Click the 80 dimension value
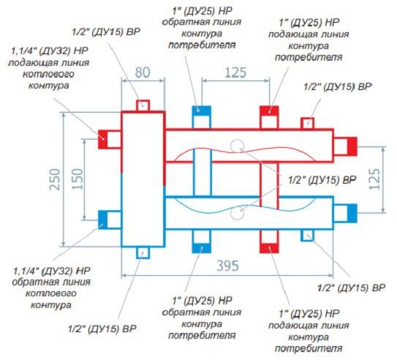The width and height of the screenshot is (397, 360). coord(143,72)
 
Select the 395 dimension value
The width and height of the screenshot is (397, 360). coord(227,266)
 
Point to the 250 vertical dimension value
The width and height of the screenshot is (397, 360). coord(55,179)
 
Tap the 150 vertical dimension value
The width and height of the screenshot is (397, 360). coord(77,179)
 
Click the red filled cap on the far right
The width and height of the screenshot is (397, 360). coord(352,146)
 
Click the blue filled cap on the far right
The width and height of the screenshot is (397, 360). coord(352,213)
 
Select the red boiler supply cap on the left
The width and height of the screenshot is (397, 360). coord(103,139)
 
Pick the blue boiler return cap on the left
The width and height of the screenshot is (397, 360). coord(103,220)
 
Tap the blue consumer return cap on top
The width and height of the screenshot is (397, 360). coord(202,110)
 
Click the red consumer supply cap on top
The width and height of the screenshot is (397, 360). coord(269,110)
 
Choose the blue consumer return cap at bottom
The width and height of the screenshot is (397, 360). coord(202,248)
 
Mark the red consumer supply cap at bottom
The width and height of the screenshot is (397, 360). coord(269,248)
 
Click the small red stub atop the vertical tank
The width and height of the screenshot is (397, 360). coord(143,105)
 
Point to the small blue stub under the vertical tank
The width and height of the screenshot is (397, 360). coord(143,252)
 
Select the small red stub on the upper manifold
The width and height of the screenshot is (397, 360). coord(308,124)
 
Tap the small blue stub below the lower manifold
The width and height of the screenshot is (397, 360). coord(308,235)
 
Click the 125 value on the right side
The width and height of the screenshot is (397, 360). coord(375,179)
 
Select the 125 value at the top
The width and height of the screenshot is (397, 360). coord(235,72)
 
